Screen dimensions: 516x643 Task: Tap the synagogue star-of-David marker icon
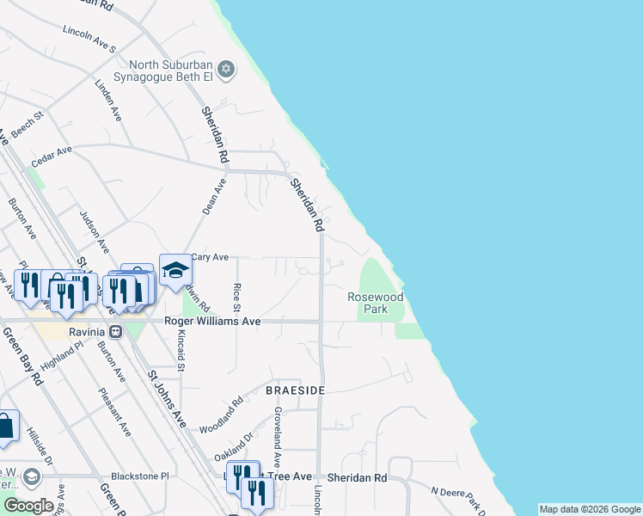point(226,69)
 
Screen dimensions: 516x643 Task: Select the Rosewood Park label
point(375,303)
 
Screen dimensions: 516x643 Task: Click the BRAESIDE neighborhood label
point(295,390)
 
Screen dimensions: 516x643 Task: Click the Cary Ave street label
point(210,257)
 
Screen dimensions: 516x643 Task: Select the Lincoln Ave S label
point(89,38)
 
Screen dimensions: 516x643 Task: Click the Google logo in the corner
point(29,506)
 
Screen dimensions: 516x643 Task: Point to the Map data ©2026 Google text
point(590,509)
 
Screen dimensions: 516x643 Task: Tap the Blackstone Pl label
point(142,476)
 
